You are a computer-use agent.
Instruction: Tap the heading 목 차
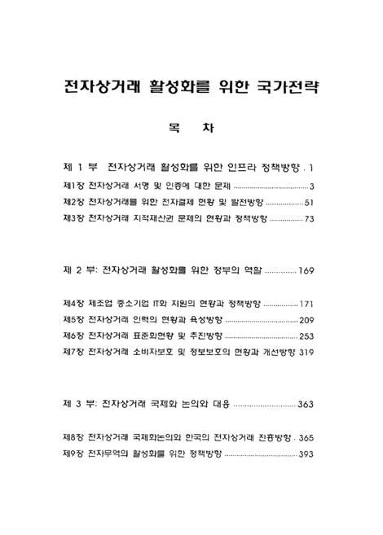pos(191,128)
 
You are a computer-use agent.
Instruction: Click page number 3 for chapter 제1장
pos(312,186)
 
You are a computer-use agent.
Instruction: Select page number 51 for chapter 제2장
pos(309,202)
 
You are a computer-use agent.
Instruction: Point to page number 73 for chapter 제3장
pos(309,219)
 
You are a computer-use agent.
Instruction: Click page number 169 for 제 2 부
pos(306,270)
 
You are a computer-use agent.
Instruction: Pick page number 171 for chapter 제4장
pos(306,303)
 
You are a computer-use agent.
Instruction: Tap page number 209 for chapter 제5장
pos(306,319)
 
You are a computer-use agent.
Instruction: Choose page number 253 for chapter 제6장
pos(306,335)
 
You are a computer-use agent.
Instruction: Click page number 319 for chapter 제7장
pos(306,352)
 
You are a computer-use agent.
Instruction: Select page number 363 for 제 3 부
pos(306,404)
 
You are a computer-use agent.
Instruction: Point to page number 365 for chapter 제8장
pos(306,436)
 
